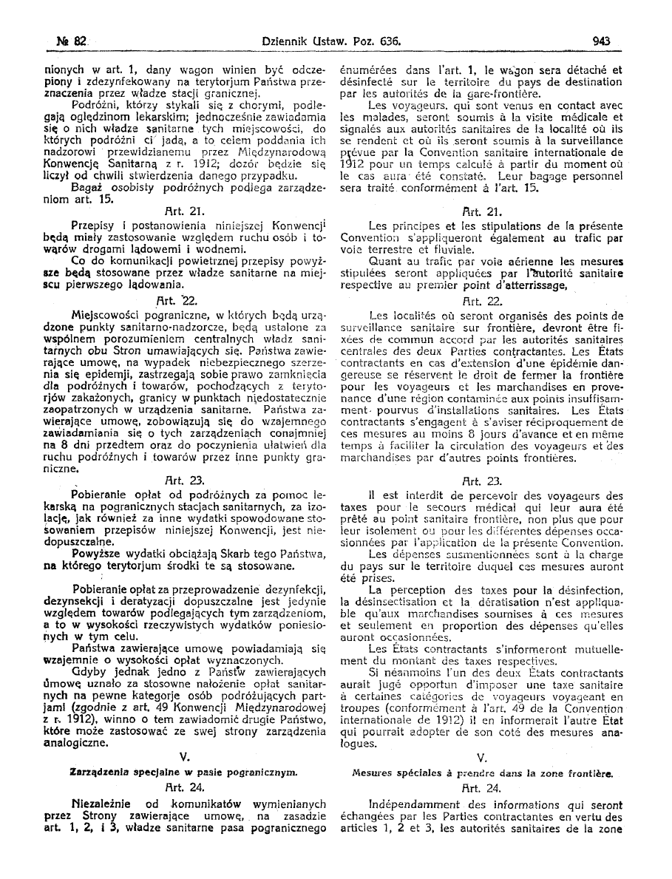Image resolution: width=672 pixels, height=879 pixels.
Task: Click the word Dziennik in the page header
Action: click(x=283, y=42)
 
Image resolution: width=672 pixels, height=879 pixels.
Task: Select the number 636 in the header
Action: click(x=390, y=42)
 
